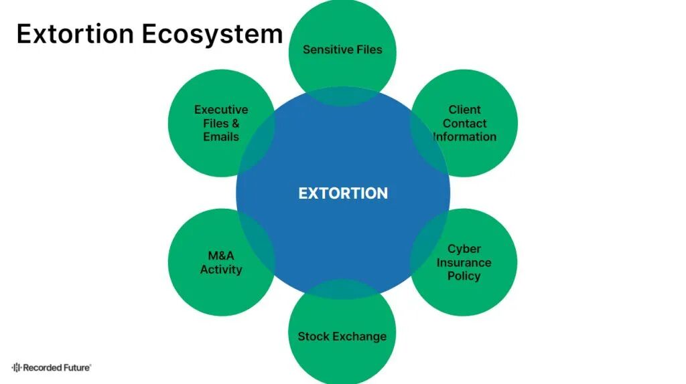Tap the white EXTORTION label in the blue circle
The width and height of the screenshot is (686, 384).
pyautogui.click(x=342, y=193)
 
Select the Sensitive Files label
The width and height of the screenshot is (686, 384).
pyautogui.click(x=342, y=49)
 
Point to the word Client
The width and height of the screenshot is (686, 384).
pyautogui.click(x=464, y=110)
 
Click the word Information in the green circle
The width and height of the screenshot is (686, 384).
pyautogui.click(x=465, y=136)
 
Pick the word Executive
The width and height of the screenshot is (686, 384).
pyautogui.click(x=221, y=110)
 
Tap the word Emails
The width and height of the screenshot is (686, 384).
pyautogui.click(x=221, y=136)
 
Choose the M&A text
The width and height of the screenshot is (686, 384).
pyautogui.click(x=221, y=256)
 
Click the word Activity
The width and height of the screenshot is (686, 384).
pyautogui.click(x=221, y=270)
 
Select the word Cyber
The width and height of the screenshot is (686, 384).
pyautogui.click(x=464, y=249)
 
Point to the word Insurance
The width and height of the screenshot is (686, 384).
pyautogui.click(x=464, y=262)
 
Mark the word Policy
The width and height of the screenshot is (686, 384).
pyautogui.click(x=464, y=276)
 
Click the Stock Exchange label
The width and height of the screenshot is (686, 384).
pyautogui.click(x=342, y=336)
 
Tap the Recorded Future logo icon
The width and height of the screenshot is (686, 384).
pyautogui.click(x=16, y=367)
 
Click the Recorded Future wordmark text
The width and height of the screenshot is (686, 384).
pyautogui.click(x=56, y=367)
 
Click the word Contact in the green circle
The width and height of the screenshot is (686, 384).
pyautogui.click(x=464, y=123)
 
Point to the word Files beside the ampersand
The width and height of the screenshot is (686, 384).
pyautogui.click(x=216, y=123)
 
